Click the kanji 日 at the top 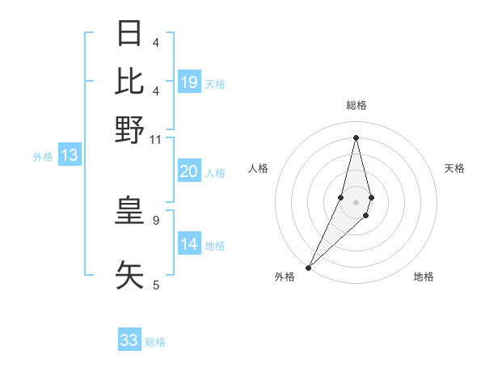(129, 34)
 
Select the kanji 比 (129, 81)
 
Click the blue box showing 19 (189, 82)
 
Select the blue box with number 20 (189, 171)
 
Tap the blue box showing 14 (189, 244)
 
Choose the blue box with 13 (69, 155)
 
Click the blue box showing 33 (129, 340)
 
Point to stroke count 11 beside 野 (156, 140)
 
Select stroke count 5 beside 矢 (156, 285)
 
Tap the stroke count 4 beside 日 (156, 43)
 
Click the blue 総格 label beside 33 (155, 342)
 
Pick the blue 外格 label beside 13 (43, 157)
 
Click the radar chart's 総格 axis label (356, 105)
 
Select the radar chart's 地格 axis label (424, 277)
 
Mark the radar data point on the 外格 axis (309, 266)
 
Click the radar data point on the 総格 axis (356, 137)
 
